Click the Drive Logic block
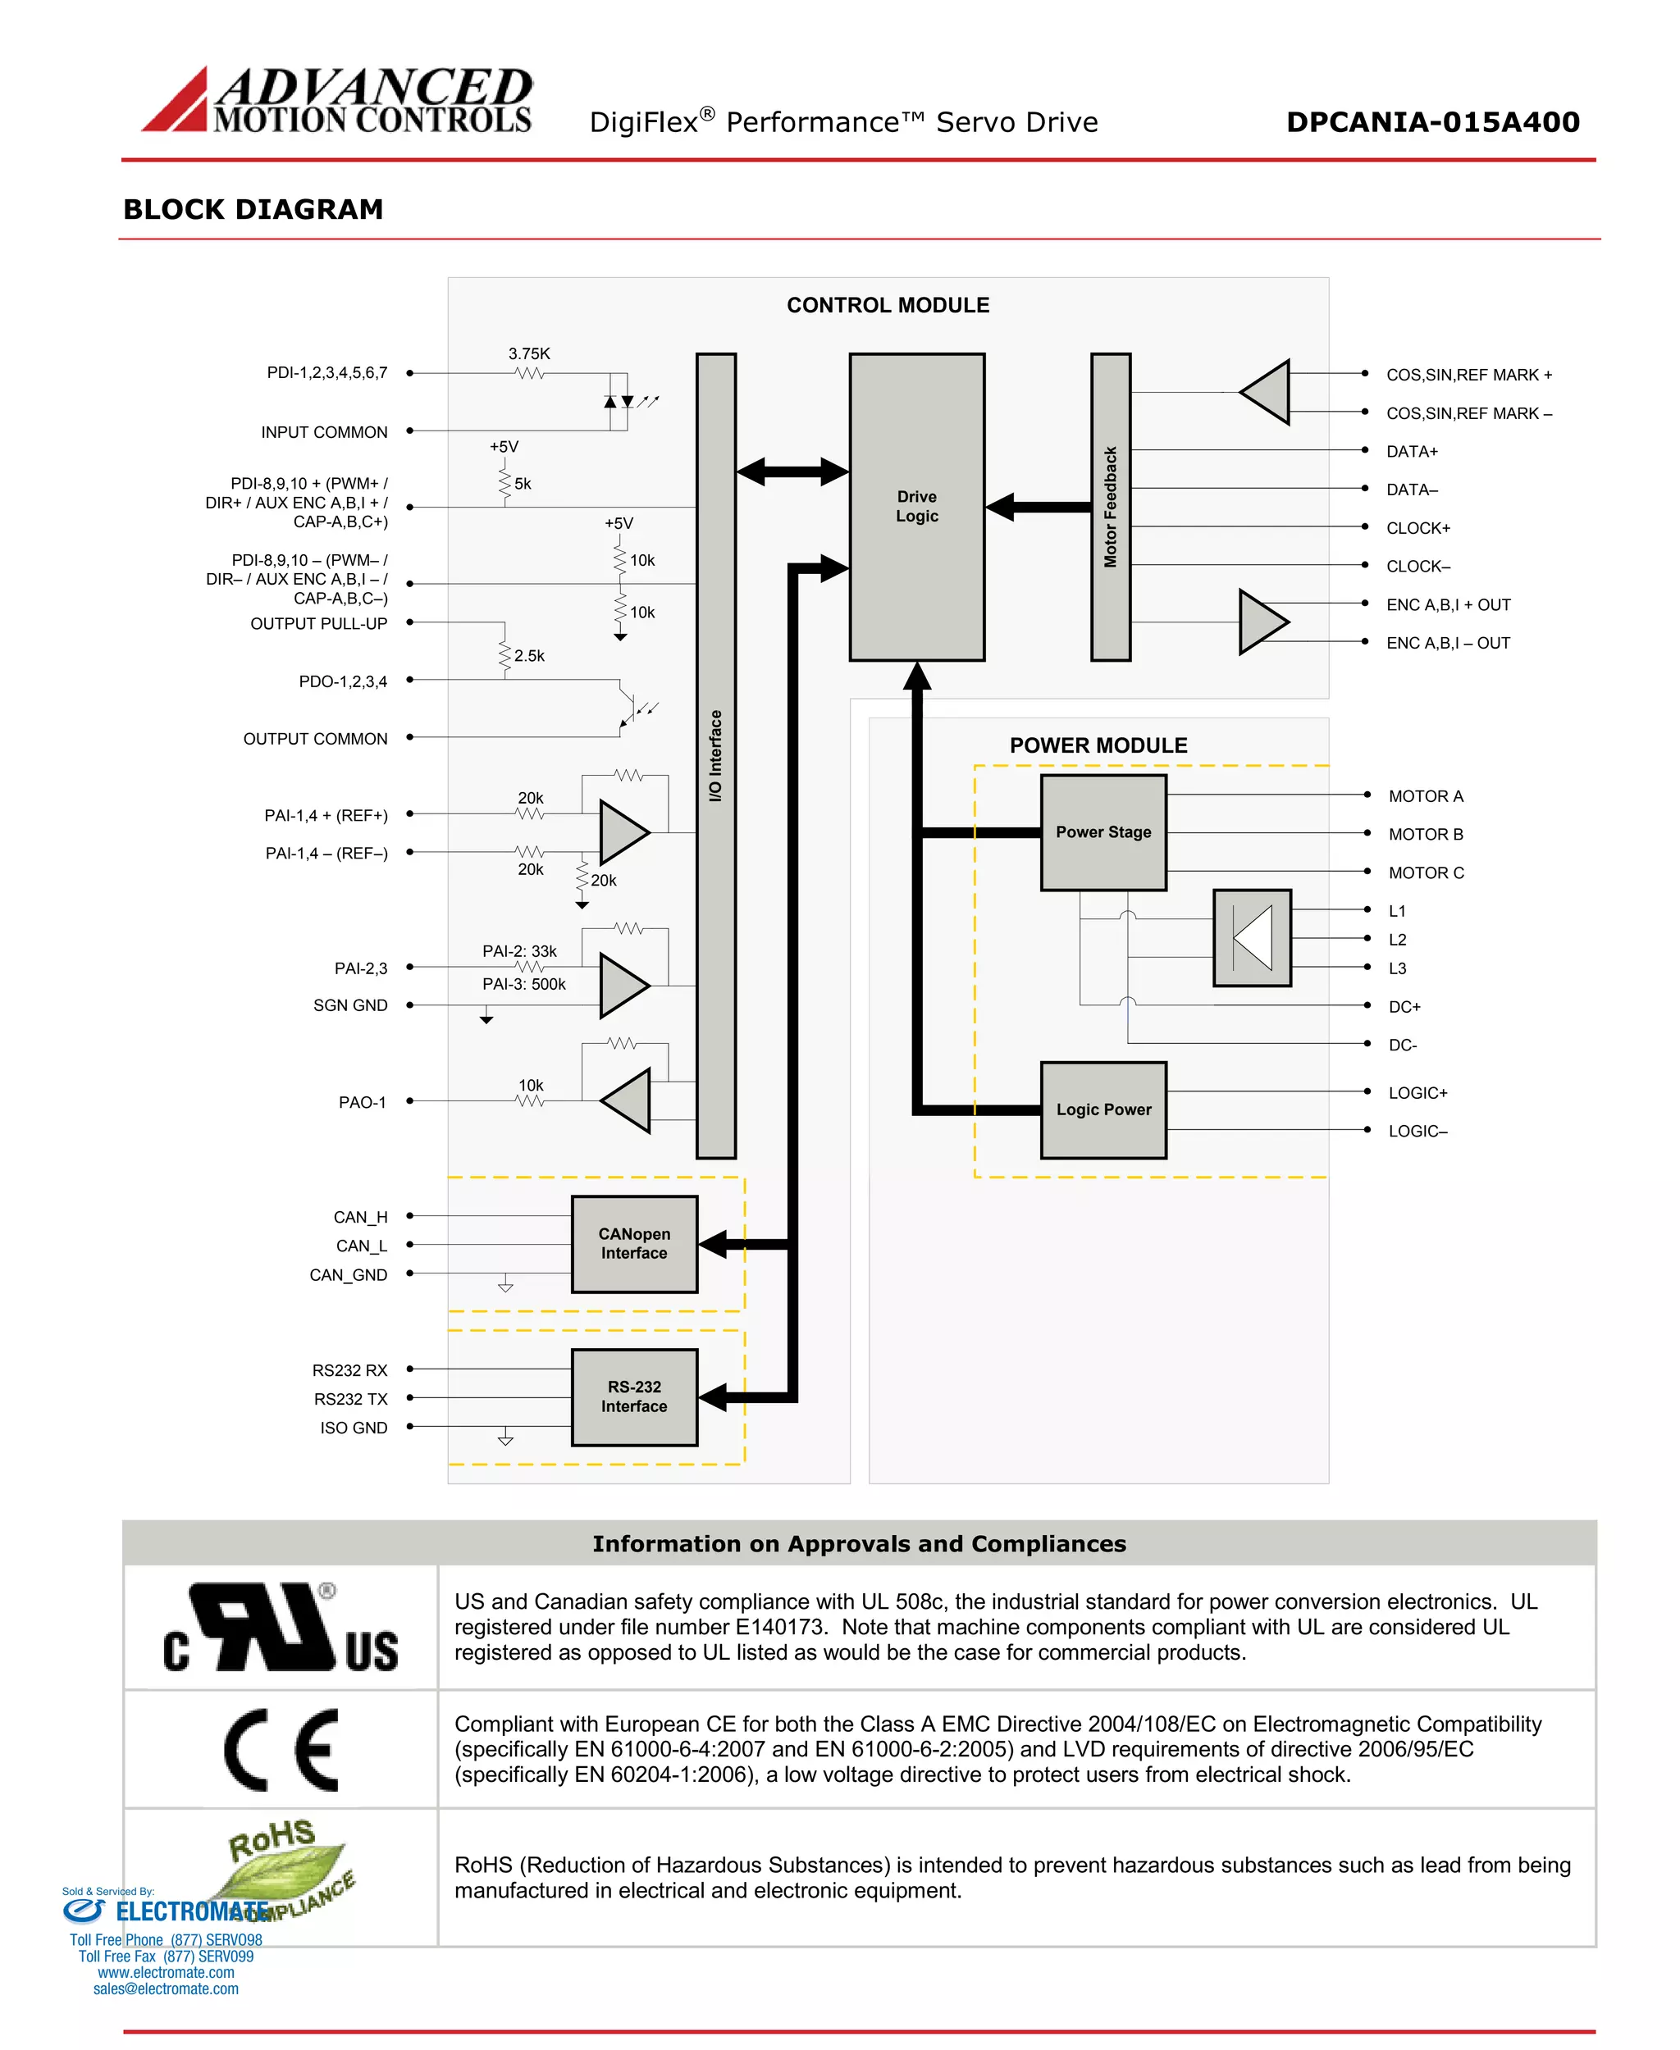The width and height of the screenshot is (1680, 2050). tap(915, 506)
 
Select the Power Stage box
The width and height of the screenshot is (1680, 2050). tap(1102, 832)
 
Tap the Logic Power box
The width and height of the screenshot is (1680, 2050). tap(1102, 1109)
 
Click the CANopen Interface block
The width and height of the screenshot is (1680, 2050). tap(634, 1243)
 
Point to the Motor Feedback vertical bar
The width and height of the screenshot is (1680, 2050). tap(1110, 506)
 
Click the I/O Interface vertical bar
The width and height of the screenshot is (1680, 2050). tap(715, 754)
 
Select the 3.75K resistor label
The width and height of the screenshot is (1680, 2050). tap(528, 354)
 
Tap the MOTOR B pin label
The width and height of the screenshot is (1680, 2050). tap(1425, 834)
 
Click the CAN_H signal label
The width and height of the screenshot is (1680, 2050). tap(360, 1217)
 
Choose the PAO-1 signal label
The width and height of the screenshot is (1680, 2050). tap(362, 1102)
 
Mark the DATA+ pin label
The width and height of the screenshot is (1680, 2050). tap(1411, 452)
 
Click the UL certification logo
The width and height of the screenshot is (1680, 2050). tap(281, 1629)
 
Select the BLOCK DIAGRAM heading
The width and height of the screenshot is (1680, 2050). tap(253, 209)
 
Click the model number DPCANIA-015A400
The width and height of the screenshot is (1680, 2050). tap(1432, 122)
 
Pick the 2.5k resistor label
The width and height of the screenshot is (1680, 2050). tap(528, 656)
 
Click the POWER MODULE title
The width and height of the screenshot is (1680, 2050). tap(1098, 745)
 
